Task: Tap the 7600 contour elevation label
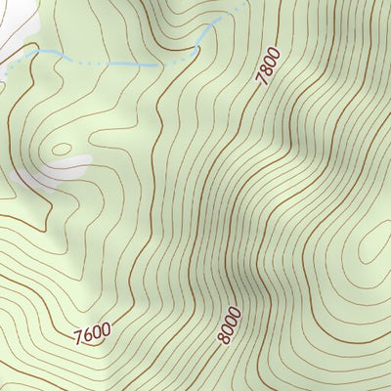point(92,333)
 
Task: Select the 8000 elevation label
point(229,324)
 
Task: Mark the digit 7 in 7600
point(78,339)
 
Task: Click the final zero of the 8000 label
point(234,309)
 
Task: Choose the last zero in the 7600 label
point(105,328)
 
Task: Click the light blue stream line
point(117,64)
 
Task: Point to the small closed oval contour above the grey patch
point(62,150)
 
